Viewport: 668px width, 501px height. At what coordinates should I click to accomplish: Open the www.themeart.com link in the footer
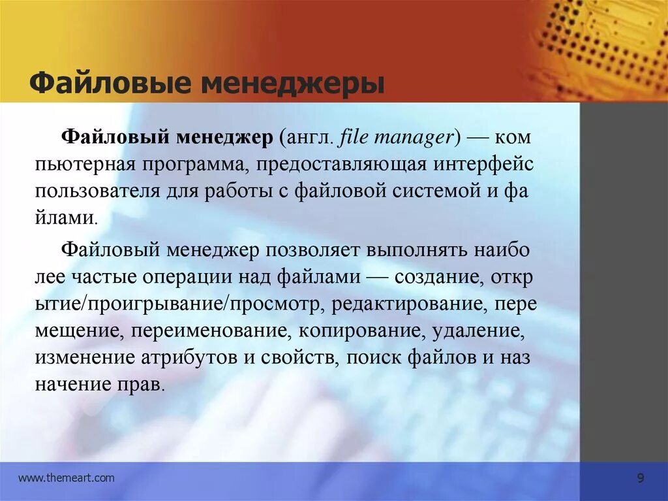coord(66,478)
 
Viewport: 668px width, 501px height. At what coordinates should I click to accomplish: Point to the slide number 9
coord(640,479)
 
